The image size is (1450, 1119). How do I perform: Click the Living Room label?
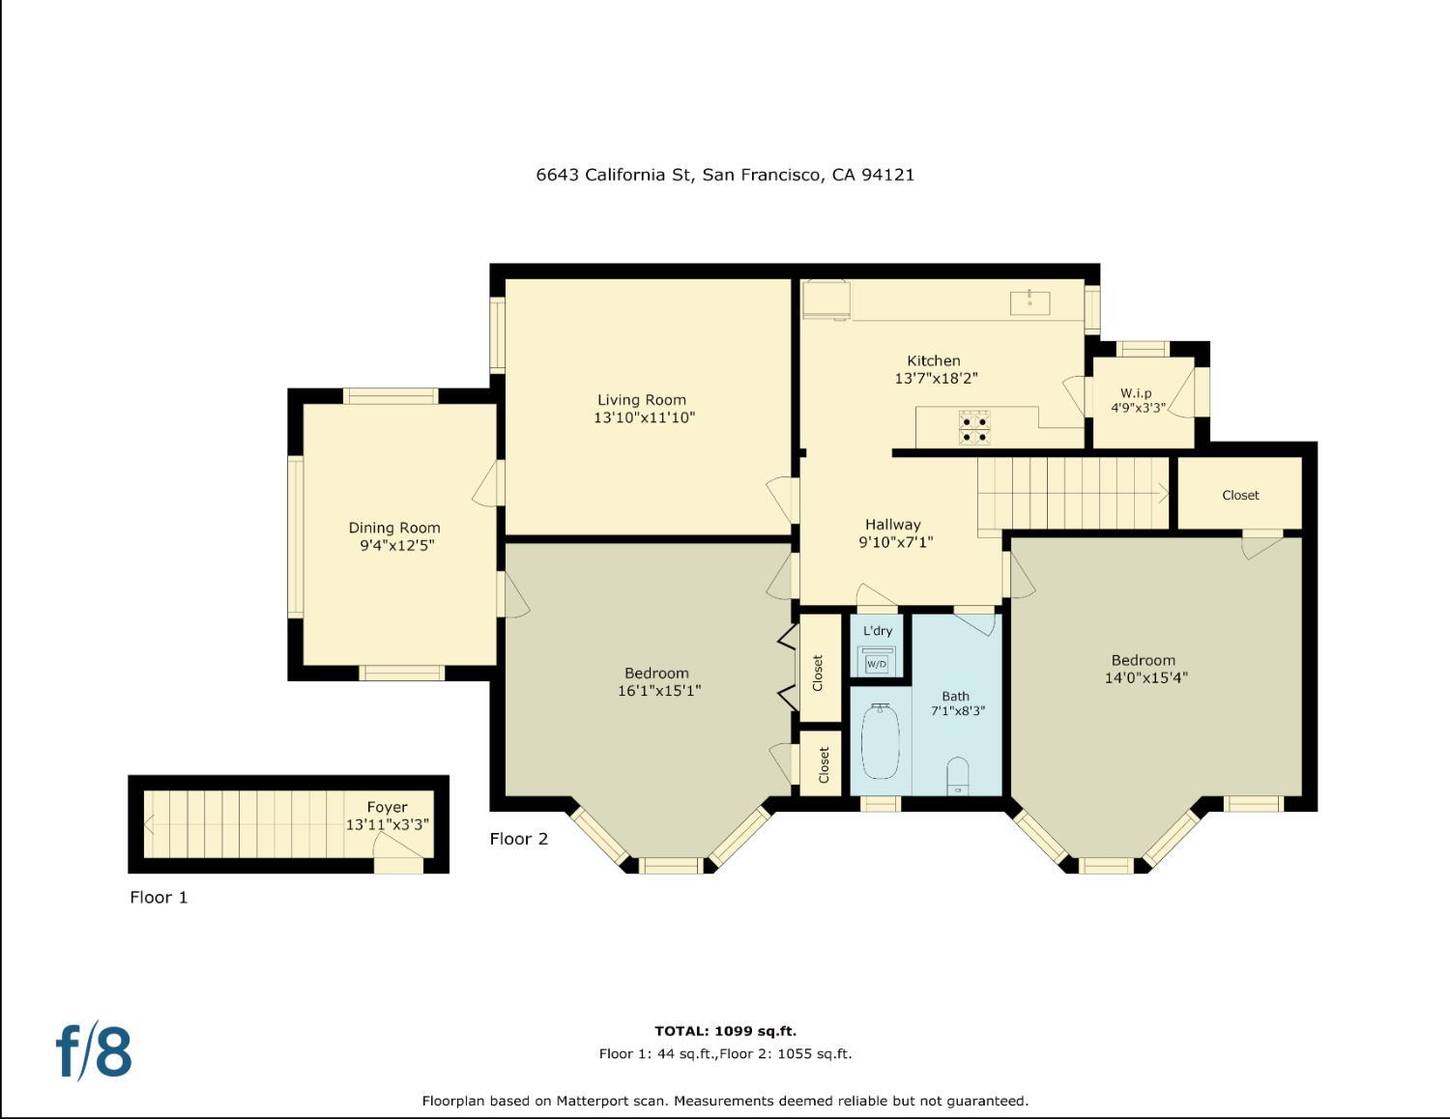pyautogui.click(x=641, y=400)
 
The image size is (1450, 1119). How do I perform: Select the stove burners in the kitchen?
pyautogui.click(x=974, y=428)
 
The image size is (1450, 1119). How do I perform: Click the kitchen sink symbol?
pyautogui.click(x=1029, y=301)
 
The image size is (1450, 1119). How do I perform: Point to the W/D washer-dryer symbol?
pyautogui.click(x=876, y=663)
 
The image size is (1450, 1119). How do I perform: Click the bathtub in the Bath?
pyautogui.click(x=880, y=741)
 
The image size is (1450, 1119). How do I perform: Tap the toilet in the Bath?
pyautogui.click(x=957, y=776)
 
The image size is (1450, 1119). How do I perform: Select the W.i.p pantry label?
pyautogui.click(x=1136, y=393)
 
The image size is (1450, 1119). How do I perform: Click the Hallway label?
pyautogui.click(x=892, y=525)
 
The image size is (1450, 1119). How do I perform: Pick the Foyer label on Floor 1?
pyautogui.click(x=387, y=807)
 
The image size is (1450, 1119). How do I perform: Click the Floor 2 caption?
pyautogui.click(x=518, y=839)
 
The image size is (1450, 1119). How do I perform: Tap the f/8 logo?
pyautogui.click(x=94, y=1051)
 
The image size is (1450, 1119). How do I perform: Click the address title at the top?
pyautogui.click(x=725, y=175)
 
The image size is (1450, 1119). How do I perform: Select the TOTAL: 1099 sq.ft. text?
pyautogui.click(x=725, y=1031)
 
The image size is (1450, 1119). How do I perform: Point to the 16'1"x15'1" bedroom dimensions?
pyautogui.click(x=658, y=691)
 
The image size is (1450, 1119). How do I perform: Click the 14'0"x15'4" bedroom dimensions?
pyautogui.click(x=1145, y=678)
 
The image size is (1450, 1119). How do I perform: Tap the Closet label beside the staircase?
pyautogui.click(x=1240, y=495)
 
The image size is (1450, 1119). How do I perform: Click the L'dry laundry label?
pyautogui.click(x=878, y=631)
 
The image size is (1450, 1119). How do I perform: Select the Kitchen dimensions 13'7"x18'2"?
pyautogui.click(x=936, y=379)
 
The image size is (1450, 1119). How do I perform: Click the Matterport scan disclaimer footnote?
pyautogui.click(x=725, y=1101)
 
